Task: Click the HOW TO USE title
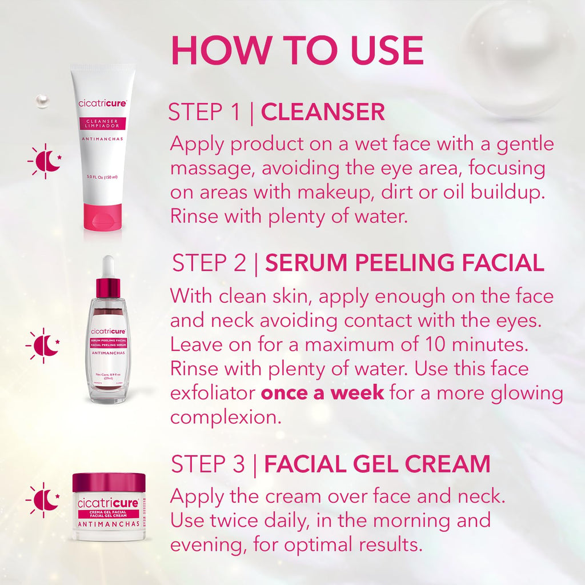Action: [x=297, y=51]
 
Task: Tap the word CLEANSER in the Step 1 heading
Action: [x=323, y=112]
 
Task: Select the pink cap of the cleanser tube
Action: [x=103, y=217]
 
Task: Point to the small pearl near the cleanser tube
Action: [x=42, y=101]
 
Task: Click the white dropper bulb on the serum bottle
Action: [x=109, y=267]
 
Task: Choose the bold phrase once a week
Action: [x=322, y=393]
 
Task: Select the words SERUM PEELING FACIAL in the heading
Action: [x=404, y=263]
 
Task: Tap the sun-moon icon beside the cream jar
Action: [x=43, y=500]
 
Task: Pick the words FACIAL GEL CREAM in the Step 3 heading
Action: [x=377, y=464]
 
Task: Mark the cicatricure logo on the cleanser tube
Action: [x=102, y=104]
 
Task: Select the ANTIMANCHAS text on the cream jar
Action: [x=109, y=524]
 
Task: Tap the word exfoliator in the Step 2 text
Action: [x=213, y=393]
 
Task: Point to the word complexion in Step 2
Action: [x=226, y=418]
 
